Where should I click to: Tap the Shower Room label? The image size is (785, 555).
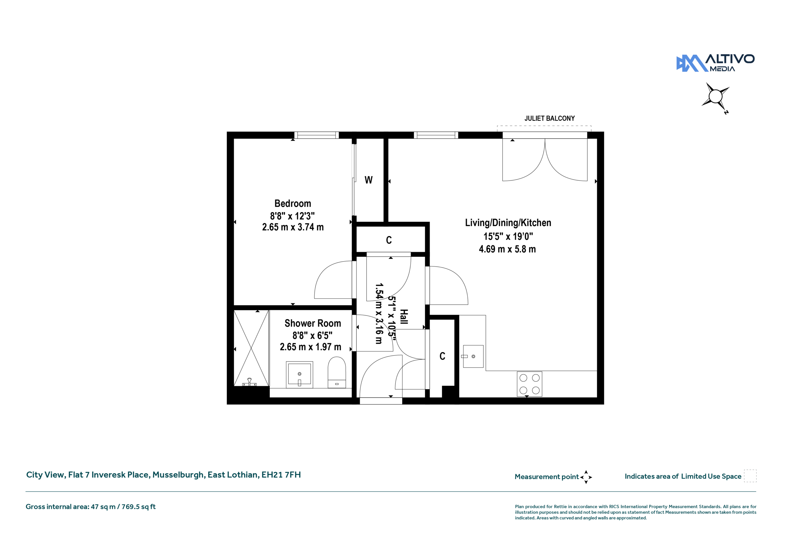(x=312, y=323)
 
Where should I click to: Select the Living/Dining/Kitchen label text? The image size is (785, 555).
(x=508, y=223)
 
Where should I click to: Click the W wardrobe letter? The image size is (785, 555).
(x=368, y=180)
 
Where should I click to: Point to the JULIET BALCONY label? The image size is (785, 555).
(x=549, y=118)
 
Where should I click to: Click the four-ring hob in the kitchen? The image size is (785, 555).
(x=529, y=384)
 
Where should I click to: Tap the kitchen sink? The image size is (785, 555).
(x=473, y=356)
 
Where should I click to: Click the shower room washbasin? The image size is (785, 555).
(x=300, y=375)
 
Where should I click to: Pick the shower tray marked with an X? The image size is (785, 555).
(x=251, y=348)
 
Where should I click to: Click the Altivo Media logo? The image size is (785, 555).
(x=715, y=63)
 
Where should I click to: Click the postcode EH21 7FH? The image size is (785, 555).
(x=281, y=475)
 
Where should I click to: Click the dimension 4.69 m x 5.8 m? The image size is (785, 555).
(x=507, y=249)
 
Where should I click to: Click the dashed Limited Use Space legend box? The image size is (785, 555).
(x=750, y=476)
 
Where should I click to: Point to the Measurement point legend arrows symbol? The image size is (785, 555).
(x=586, y=477)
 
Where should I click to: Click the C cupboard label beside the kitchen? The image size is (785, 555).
(x=442, y=356)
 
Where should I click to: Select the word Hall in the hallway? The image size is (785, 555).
(x=404, y=317)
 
